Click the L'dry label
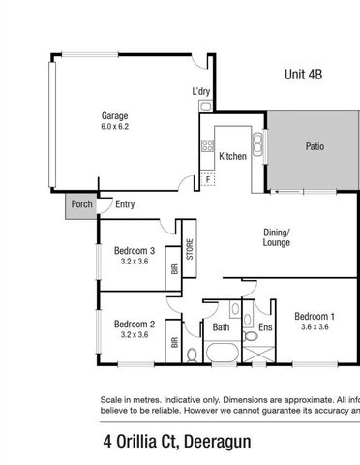pyautogui.click(x=201, y=92)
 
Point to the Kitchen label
pyautogui.click(x=232, y=156)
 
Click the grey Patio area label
pyautogui.click(x=315, y=147)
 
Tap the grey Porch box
pyautogui.click(x=80, y=204)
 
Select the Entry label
pyautogui.click(x=125, y=204)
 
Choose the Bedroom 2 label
pyautogui.click(x=135, y=324)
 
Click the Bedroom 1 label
pyautogui.click(x=315, y=316)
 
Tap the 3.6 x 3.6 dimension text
pyautogui.click(x=315, y=327)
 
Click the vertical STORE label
pyautogui.click(x=191, y=249)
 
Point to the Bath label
pyautogui.click(x=221, y=327)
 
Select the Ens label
pyautogui.click(x=265, y=327)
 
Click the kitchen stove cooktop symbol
pyautogui.click(x=207, y=147)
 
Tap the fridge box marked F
pyautogui.click(x=208, y=179)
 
